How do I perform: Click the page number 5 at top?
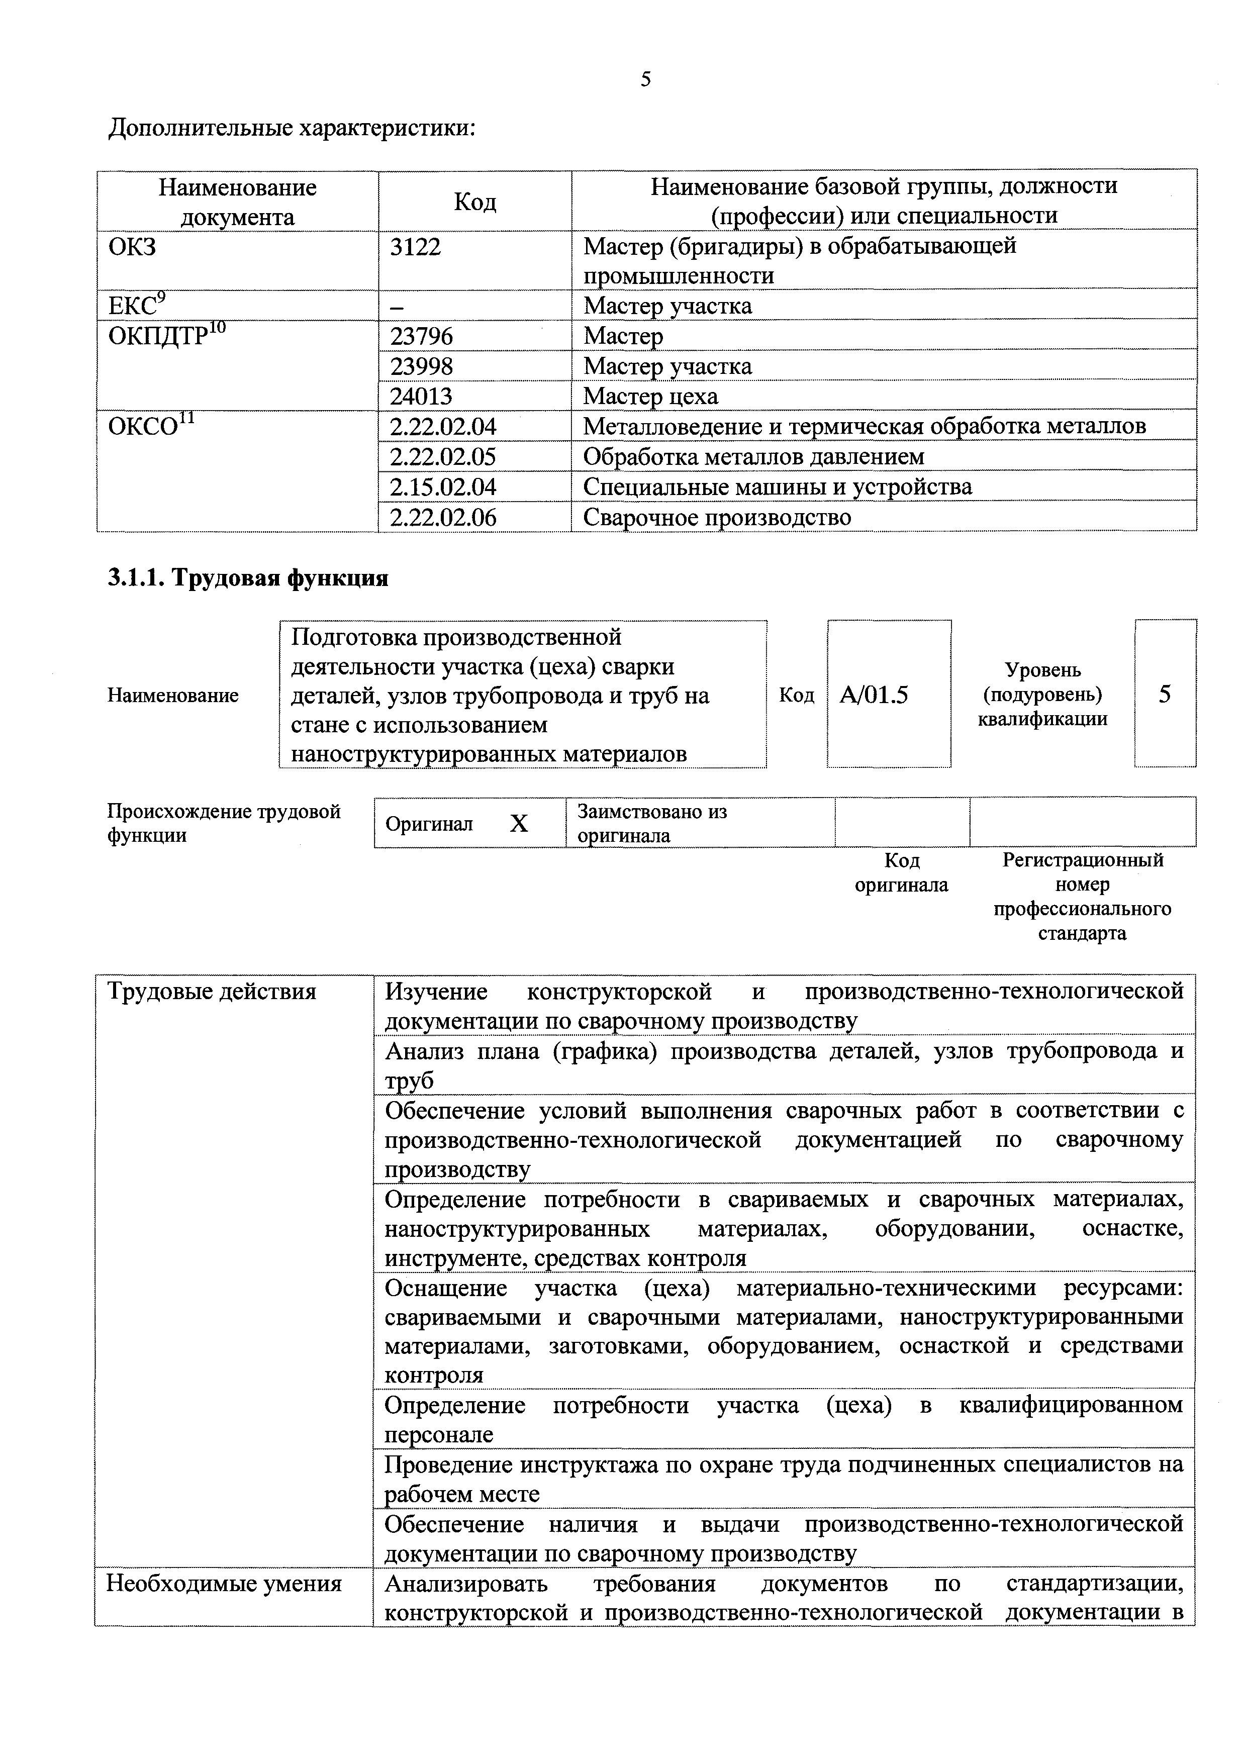coord(646,78)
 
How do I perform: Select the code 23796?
coord(422,336)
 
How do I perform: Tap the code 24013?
coord(422,396)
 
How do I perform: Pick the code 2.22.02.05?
coord(443,457)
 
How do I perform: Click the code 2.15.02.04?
coord(443,487)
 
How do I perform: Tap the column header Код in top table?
coord(474,202)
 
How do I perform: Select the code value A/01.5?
coord(874,695)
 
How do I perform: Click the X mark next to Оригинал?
coord(519,824)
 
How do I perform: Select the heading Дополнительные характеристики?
coord(292,128)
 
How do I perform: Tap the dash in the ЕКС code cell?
coord(397,307)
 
